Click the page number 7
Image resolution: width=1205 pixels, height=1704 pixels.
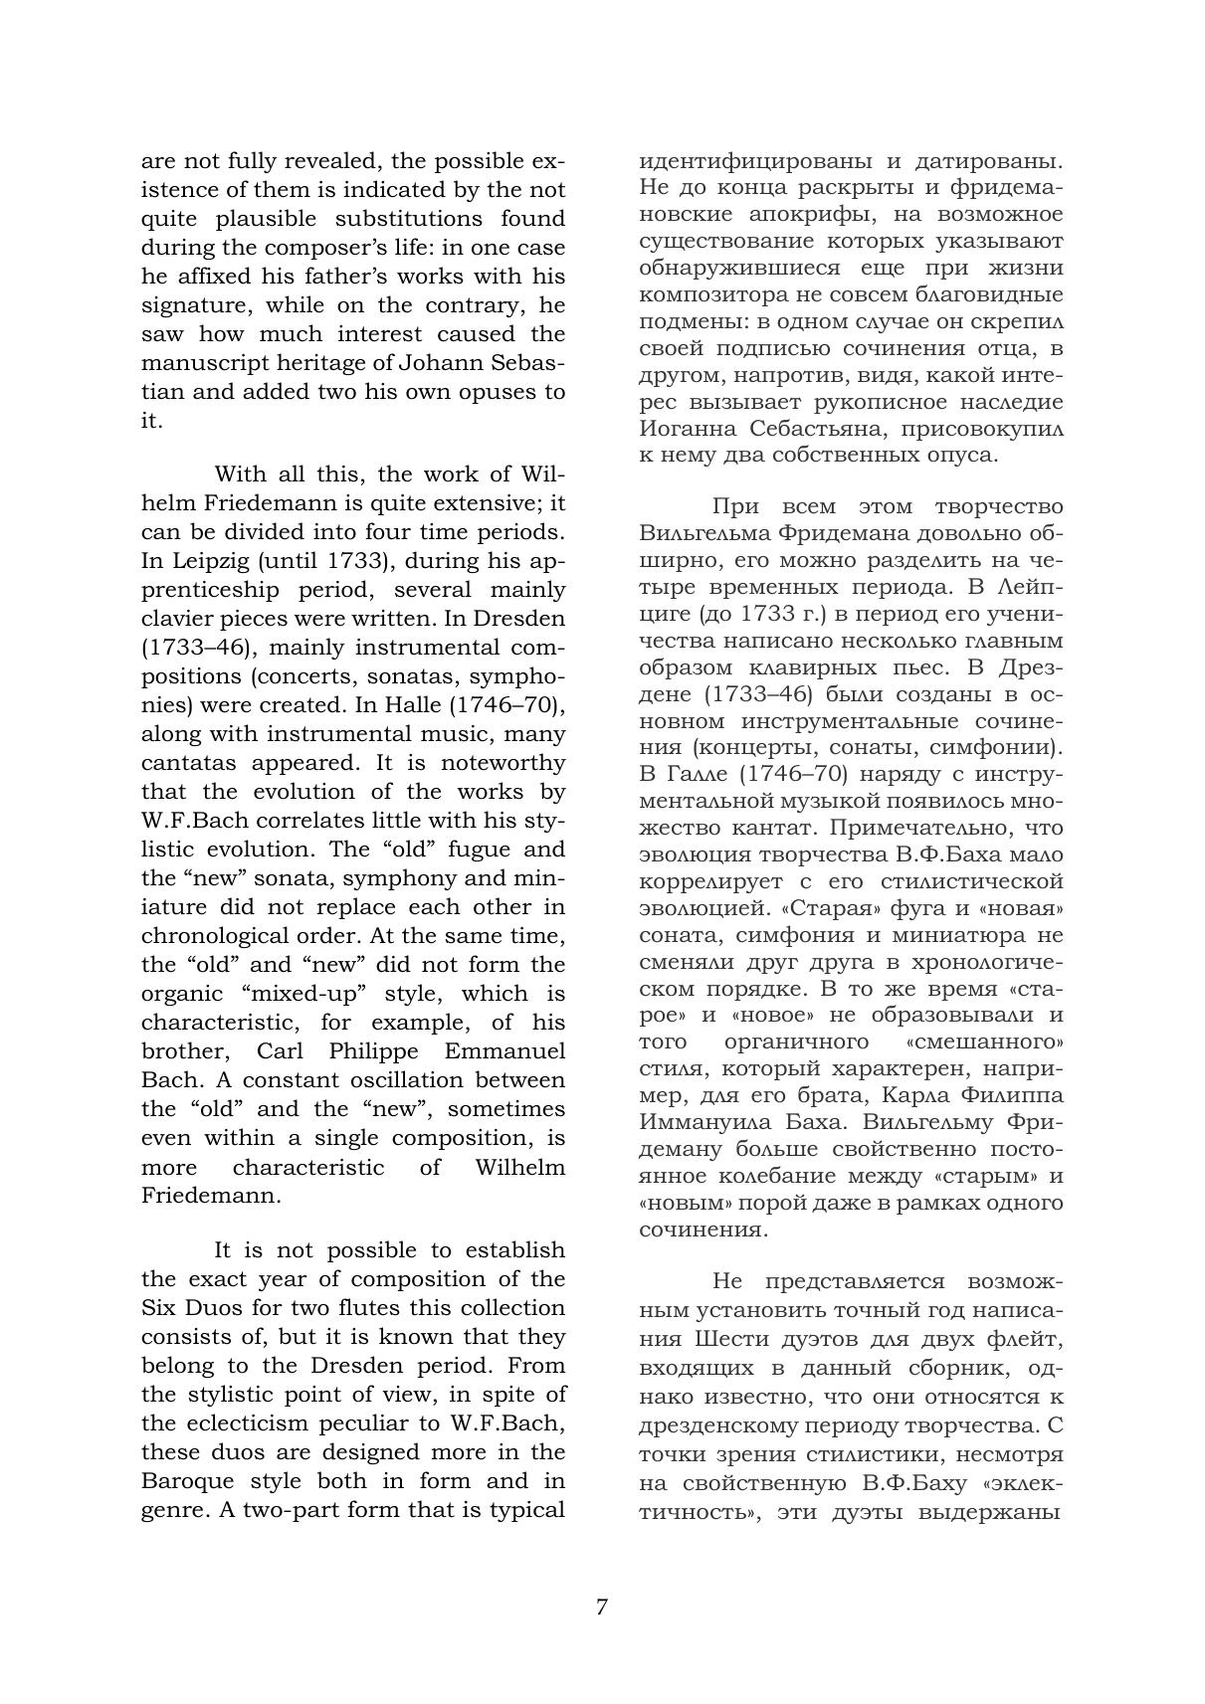click(x=601, y=1607)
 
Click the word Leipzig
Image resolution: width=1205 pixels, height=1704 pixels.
click(x=194, y=560)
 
